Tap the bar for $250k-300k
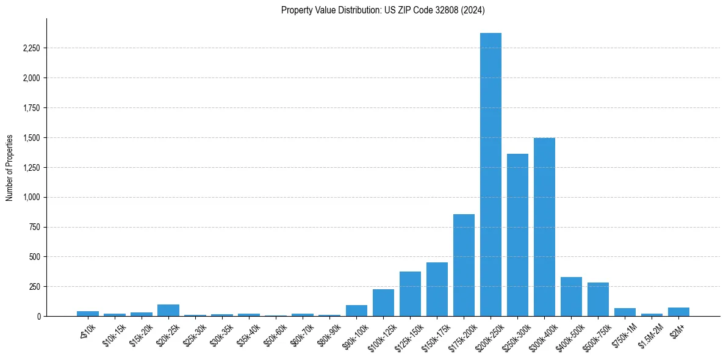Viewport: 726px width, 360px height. click(x=517, y=235)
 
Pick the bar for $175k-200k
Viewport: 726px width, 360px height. click(x=464, y=265)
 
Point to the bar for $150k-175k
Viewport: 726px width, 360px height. click(x=437, y=289)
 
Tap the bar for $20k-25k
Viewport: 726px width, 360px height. click(x=168, y=310)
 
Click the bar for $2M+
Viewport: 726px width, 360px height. click(x=678, y=312)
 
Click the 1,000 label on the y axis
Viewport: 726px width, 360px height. click(x=31, y=197)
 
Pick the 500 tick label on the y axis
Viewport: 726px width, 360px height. click(x=35, y=257)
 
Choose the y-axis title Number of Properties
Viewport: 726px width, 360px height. click(x=9, y=168)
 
